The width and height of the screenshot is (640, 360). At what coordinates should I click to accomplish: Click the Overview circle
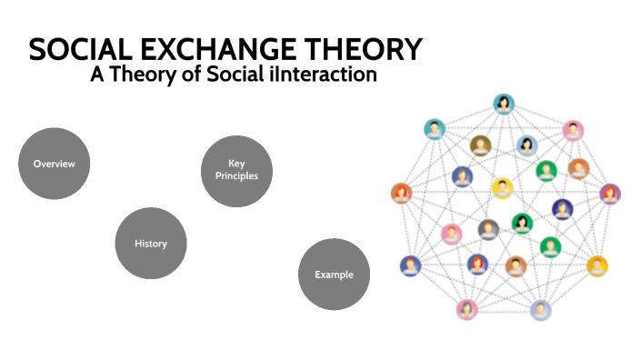coord(55,164)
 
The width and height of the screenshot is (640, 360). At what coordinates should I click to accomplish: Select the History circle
coord(151,244)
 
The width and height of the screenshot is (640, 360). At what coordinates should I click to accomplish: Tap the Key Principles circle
coord(236,171)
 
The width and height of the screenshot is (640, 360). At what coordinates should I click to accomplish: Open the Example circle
coord(334,274)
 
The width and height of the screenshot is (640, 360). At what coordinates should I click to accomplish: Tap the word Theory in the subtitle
coord(137,75)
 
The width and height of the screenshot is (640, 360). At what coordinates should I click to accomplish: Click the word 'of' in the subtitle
coord(187,75)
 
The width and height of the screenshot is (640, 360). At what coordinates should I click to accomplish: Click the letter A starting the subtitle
coord(95,75)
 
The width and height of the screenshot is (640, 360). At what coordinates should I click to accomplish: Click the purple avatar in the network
coord(610,194)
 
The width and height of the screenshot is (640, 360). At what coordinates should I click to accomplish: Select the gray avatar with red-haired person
coord(489,229)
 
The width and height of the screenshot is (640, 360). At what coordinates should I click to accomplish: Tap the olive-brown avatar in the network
coord(480,145)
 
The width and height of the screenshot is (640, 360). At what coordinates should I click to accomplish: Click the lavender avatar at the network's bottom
coord(541,309)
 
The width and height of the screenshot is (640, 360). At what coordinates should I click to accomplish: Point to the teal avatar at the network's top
coord(503,104)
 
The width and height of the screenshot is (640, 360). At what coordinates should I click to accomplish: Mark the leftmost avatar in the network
coord(401,193)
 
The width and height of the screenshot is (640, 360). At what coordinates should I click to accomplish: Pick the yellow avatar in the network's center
coord(502,188)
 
